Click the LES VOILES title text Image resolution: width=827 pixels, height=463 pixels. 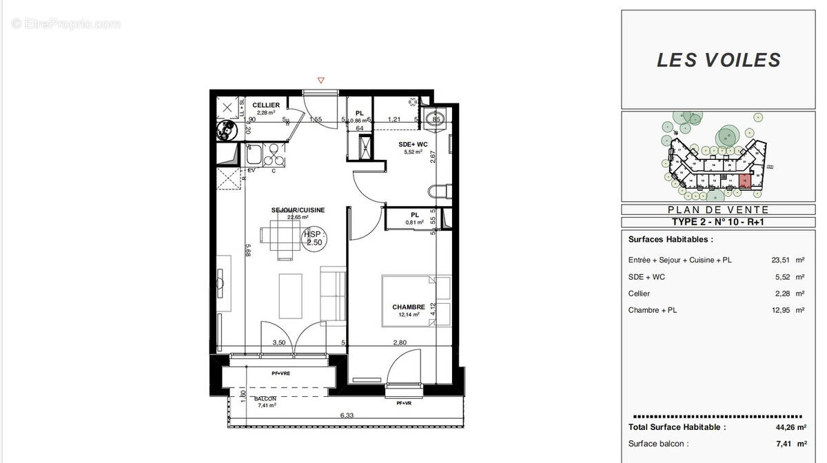point(719,60)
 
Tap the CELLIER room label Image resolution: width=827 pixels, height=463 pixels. point(266,105)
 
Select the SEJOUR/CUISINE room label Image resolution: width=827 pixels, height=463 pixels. point(298,210)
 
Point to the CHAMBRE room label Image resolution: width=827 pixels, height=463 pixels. point(409,307)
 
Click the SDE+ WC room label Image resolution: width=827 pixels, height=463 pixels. point(413,144)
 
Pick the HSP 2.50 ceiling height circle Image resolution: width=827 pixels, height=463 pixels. point(314,238)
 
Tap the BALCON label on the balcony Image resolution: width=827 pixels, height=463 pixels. point(265,399)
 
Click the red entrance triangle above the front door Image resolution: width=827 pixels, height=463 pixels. point(320,81)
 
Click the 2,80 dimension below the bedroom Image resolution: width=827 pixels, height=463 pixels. point(400,342)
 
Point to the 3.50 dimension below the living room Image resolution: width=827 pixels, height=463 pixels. point(279,342)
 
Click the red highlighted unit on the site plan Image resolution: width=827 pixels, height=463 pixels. point(744,182)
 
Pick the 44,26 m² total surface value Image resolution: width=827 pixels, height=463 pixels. point(790,427)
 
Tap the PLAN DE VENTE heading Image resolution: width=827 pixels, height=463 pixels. point(718,209)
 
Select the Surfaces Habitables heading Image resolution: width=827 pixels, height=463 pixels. point(671,240)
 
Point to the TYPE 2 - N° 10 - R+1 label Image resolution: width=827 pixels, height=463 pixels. point(718,222)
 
